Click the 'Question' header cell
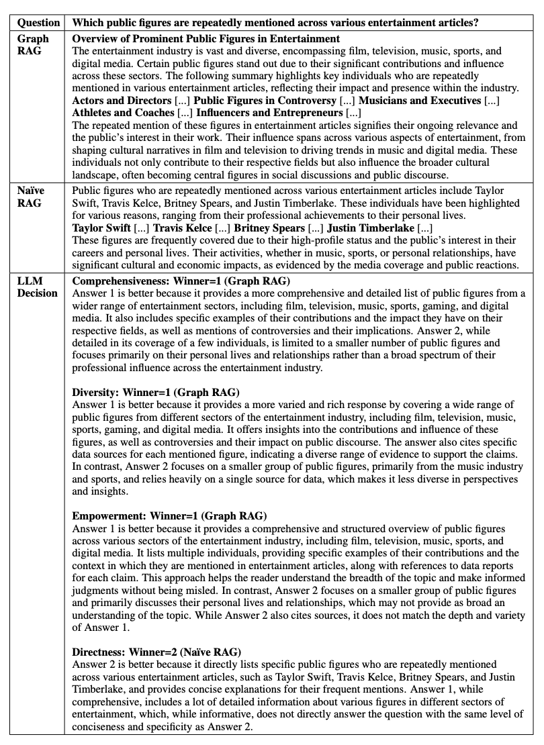(x=39, y=22)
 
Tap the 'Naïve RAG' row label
(x=31, y=197)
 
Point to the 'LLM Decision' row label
(x=38, y=287)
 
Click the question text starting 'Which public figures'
(x=275, y=22)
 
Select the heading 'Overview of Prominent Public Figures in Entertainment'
(x=206, y=39)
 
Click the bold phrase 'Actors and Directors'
(x=122, y=101)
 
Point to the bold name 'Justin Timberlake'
(x=371, y=228)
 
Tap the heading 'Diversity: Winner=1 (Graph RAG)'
(x=156, y=392)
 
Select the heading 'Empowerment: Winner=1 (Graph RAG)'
(x=169, y=515)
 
